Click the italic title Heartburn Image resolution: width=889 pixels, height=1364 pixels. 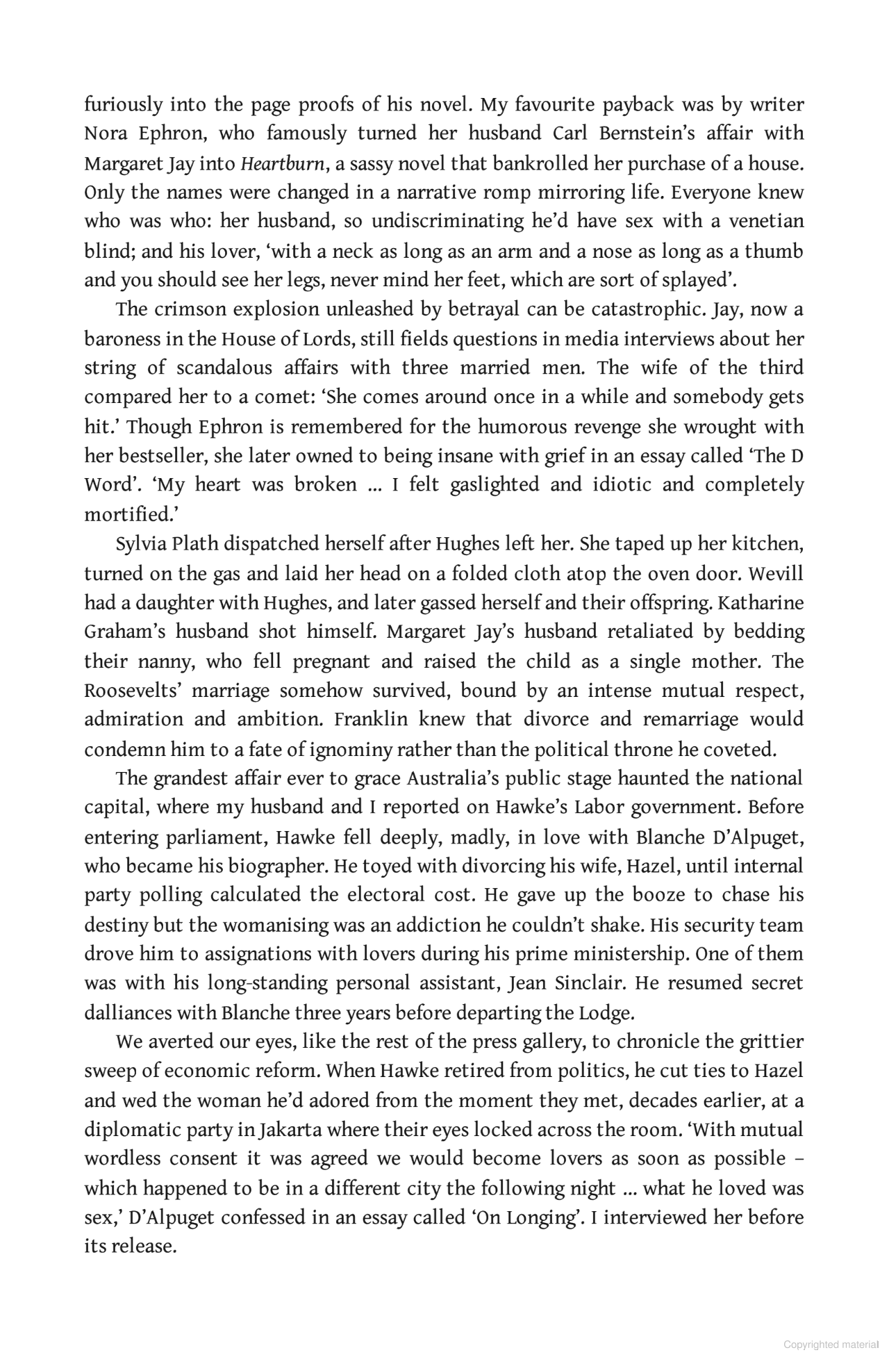click(281, 164)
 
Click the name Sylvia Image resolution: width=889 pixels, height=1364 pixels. click(138, 543)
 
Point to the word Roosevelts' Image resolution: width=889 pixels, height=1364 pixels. click(132, 691)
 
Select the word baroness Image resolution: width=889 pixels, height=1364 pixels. click(124, 339)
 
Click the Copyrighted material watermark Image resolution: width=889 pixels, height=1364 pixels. click(831, 1345)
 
